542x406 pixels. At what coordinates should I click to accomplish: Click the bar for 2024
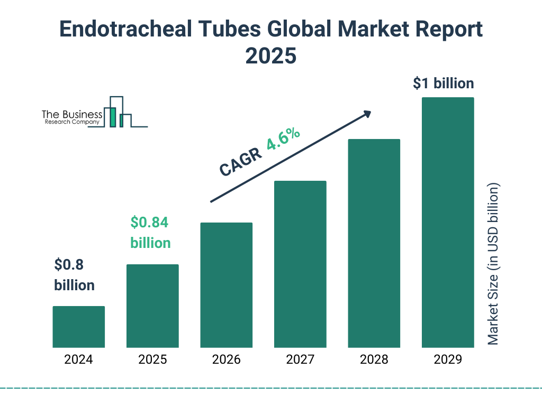click(78, 327)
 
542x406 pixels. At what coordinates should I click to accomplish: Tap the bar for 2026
click(226, 285)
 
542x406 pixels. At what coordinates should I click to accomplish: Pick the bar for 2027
click(300, 264)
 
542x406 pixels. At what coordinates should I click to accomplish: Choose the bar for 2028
click(374, 243)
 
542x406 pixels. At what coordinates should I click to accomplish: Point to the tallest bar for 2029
click(448, 222)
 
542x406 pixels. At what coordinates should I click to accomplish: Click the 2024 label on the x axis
click(78, 360)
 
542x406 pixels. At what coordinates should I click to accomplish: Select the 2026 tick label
click(226, 360)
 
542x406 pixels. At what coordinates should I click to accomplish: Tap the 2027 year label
click(300, 360)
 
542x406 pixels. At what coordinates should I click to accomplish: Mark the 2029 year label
click(448, 360)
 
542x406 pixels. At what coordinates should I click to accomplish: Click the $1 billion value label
click(443, 84)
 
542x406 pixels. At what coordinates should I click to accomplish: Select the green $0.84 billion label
click(150, 233)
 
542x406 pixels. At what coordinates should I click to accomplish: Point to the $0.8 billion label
click(74, 275)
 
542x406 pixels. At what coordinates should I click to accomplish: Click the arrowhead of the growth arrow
click(367, 114)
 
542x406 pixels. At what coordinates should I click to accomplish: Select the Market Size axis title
click(493, 264)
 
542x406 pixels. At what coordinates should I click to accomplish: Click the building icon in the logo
click(118, 112)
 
